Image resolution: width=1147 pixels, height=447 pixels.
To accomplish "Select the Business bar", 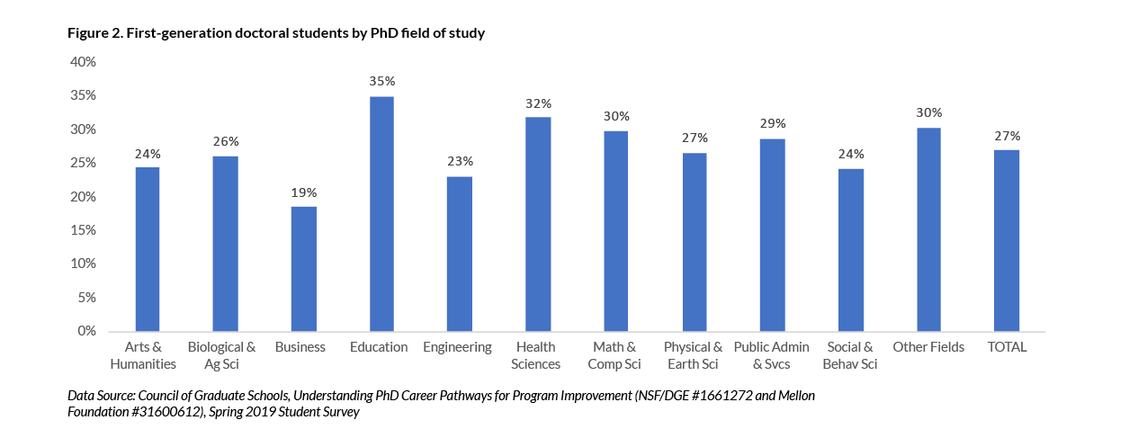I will (303, 269).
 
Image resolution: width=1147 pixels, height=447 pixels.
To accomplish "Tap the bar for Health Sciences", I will (538, 224).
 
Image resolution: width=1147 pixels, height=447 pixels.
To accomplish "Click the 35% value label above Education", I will (381, 81).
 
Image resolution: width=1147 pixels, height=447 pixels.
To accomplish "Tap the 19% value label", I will (303, 192).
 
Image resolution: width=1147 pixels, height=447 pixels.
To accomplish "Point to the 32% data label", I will (538, 103).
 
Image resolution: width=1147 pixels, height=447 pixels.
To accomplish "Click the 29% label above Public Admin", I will (773, 123).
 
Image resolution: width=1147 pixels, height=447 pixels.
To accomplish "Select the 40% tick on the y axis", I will (83, 62).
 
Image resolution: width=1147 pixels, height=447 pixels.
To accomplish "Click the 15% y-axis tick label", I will (83, 230).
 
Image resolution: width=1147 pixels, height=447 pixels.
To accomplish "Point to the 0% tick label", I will (86, 331).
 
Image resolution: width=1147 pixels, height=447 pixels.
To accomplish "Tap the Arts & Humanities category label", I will (143, 355).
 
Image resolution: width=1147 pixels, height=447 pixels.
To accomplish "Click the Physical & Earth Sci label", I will (693, 355).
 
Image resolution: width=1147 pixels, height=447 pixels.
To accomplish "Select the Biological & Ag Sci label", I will (221, 355).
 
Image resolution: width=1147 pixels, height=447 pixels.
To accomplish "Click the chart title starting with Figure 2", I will (276, 34).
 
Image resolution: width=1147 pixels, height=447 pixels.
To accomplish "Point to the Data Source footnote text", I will (441, 403).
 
